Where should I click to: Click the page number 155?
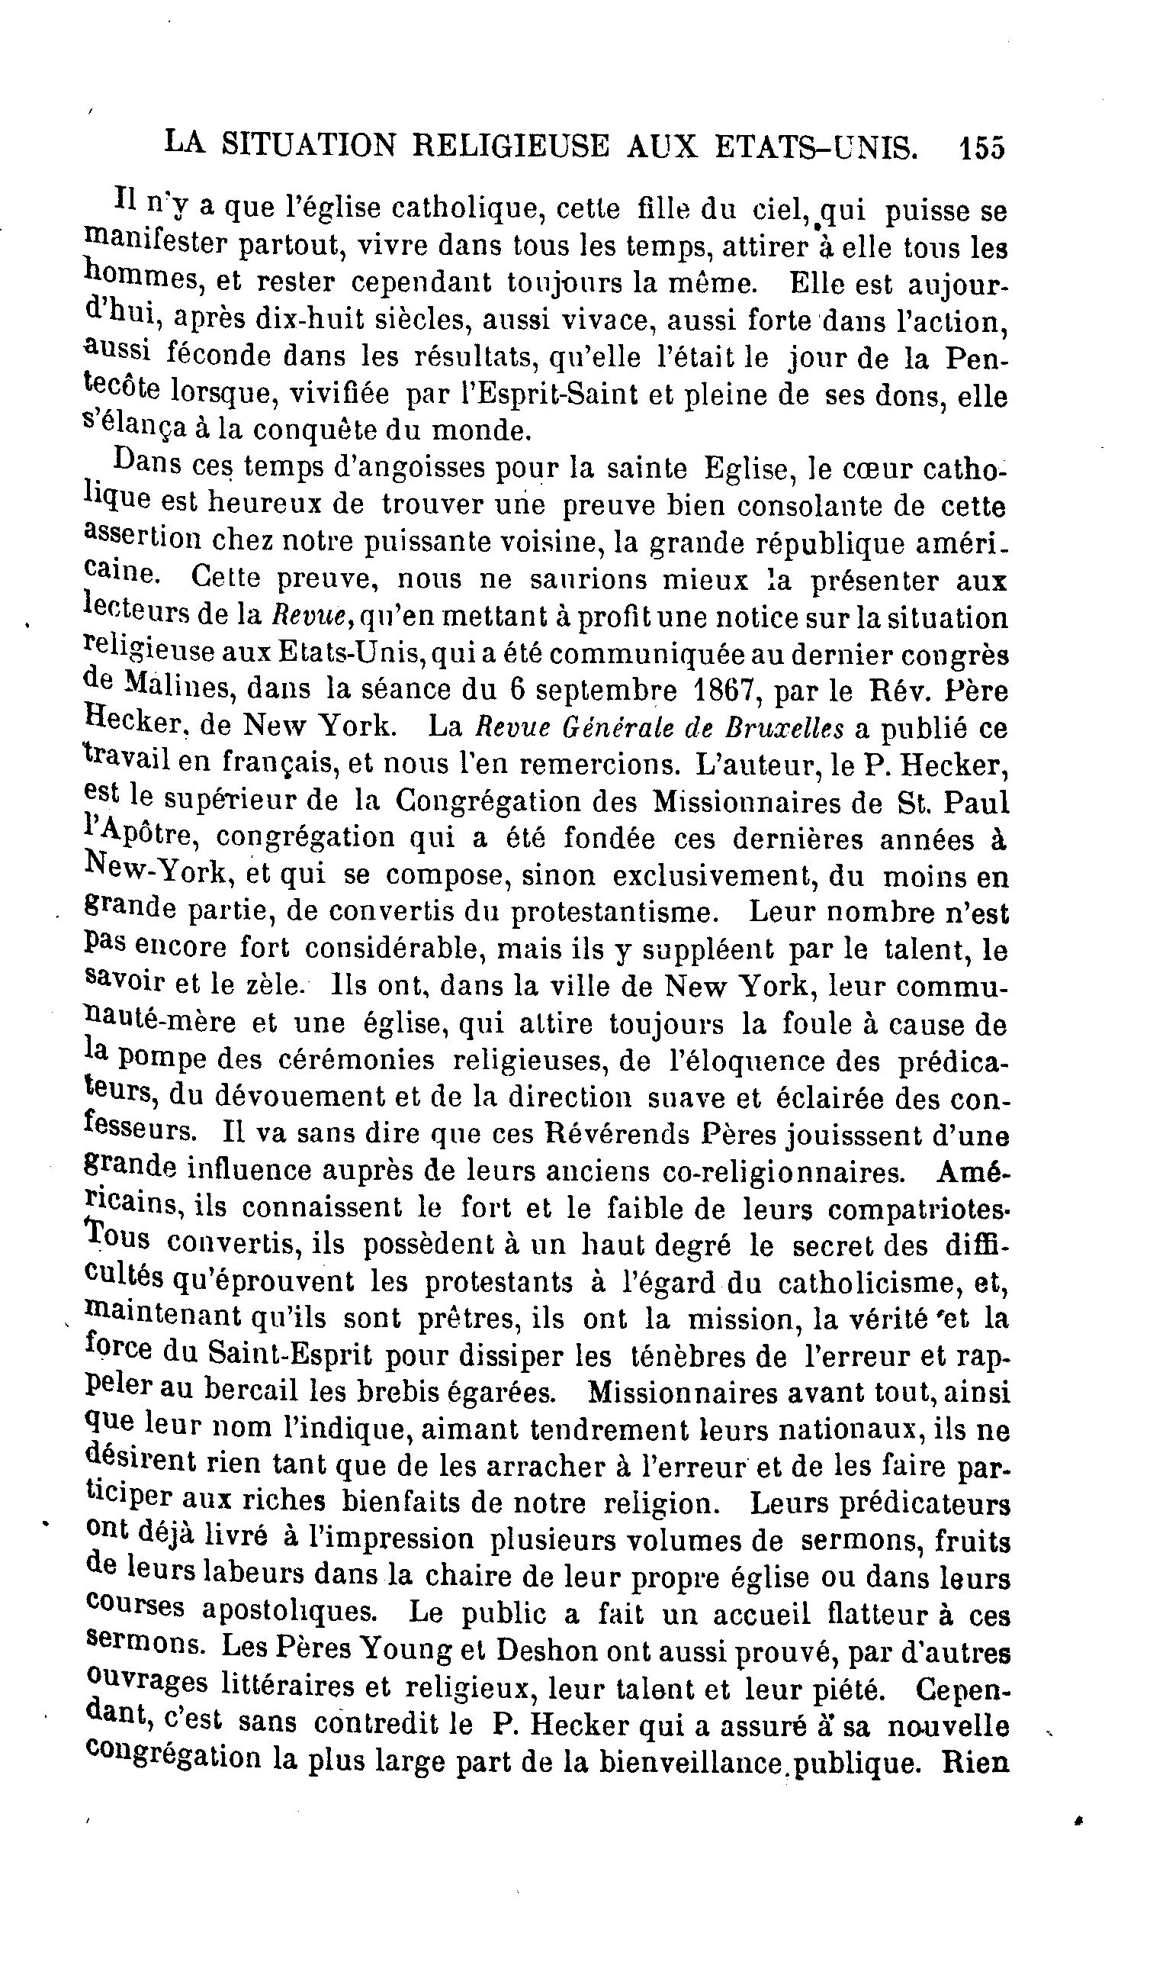[x=981, y=148]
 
